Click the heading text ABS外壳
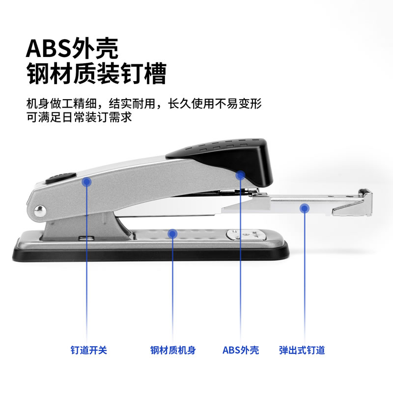72,48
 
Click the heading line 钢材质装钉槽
96,73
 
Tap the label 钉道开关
89,350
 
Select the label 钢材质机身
173,350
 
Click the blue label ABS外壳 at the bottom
241,350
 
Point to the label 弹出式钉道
302,350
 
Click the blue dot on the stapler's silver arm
87,181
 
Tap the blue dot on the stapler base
172,234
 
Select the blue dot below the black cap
240,175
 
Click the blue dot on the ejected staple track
304,208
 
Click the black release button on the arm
61,177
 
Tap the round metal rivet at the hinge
40,211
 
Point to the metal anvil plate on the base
246,235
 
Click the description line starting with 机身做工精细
144,103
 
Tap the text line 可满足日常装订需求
79,117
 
